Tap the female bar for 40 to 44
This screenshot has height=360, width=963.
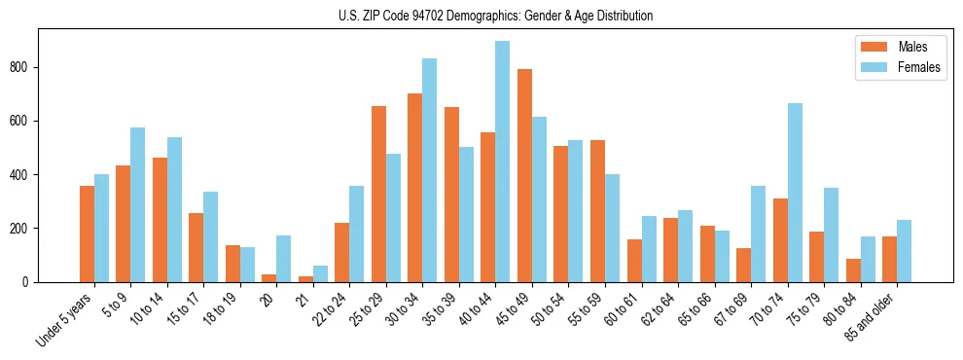(x=503, y=162)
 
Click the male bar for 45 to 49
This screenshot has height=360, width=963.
(x=524, y=175)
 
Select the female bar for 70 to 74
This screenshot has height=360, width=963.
(x=795, y=193)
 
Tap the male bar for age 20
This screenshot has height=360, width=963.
(x=269, y=278)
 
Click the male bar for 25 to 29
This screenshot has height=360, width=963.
(x=378, y=194)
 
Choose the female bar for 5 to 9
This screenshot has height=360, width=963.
(x=137, y=204)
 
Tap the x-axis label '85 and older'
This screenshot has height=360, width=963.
(x=871, y=317)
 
